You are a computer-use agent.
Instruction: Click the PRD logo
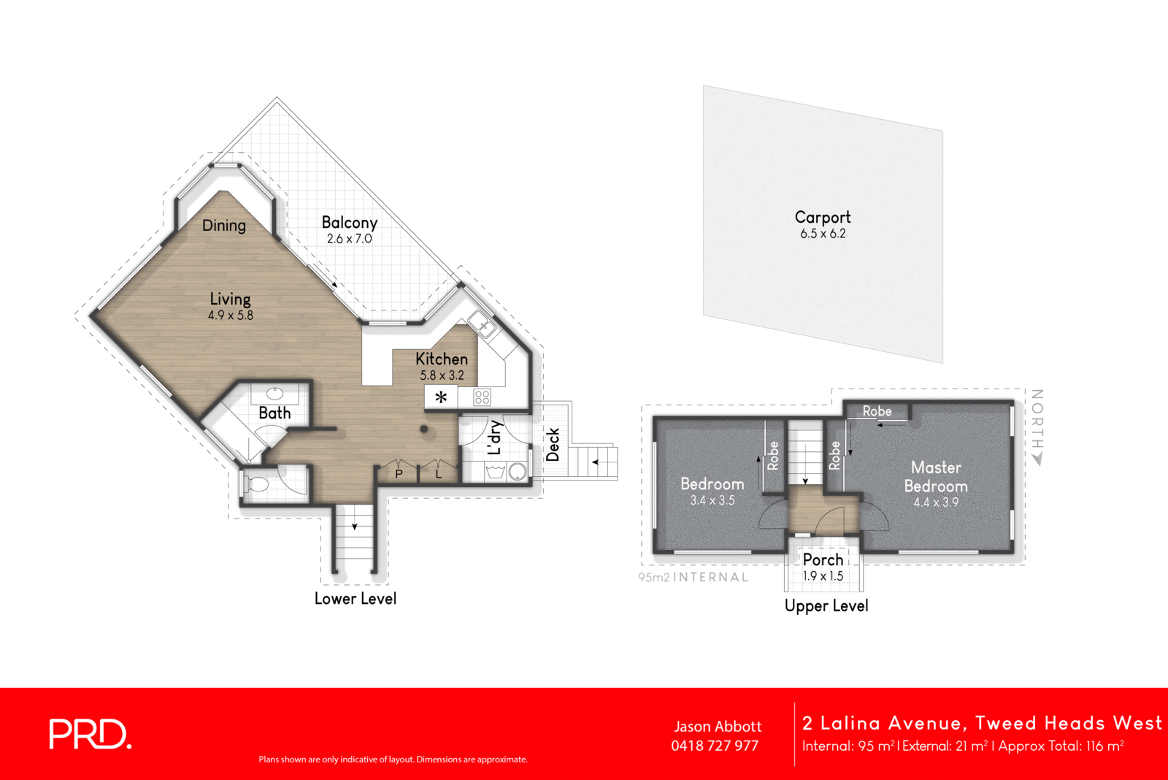[90, 734]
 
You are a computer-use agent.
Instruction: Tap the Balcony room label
[349, 223]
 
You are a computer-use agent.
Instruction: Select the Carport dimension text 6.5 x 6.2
[823, 234]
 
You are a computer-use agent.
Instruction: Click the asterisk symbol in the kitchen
[441, 397]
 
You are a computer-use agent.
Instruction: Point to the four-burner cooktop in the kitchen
[482, 397]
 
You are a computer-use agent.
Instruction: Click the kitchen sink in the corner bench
[481, 323]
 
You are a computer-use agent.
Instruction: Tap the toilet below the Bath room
[257, 484]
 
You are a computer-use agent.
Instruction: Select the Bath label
[274, 413]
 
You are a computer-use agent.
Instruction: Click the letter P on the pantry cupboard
[399, 474]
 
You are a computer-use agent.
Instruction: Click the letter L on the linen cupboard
[439, 474]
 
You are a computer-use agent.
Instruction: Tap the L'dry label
[495, 437]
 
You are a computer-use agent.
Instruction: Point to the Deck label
[553, 444]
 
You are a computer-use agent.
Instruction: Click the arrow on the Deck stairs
[595, 462]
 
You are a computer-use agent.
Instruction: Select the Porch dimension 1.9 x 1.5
[823, 576]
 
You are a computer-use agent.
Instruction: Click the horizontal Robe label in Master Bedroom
[877, 411]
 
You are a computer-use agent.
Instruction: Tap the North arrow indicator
[1037, 459]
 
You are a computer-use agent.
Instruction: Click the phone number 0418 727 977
[715, 746]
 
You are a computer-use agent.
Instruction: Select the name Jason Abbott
[718, 727]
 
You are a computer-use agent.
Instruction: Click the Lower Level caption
[356, 599]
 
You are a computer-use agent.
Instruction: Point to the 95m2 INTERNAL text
[693, 577]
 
